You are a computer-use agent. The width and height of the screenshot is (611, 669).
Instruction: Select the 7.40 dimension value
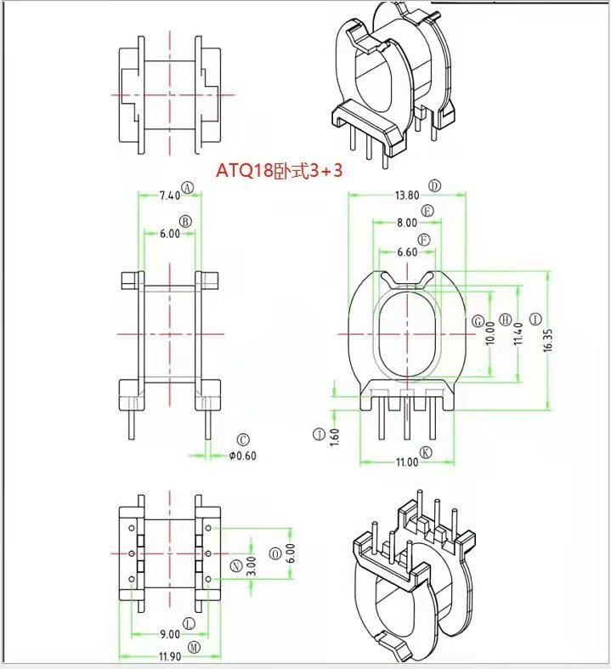point(170,196)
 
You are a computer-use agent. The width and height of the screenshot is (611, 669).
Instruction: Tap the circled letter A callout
point(189,188)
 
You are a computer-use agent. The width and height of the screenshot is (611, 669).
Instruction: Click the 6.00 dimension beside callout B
point(169,234)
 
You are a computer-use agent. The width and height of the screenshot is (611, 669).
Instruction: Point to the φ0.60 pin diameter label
point(243,456)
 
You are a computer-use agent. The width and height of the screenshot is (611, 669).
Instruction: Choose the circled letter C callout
point(243,440)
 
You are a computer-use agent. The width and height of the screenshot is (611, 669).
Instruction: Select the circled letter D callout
point(435,185)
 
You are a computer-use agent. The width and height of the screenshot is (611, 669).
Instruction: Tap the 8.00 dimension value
point(407,223)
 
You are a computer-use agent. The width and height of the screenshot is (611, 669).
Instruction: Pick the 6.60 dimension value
point(407,252)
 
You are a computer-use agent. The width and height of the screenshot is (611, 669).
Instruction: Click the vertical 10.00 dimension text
point(489,336)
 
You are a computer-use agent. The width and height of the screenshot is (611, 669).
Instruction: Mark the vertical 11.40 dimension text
point(518,336)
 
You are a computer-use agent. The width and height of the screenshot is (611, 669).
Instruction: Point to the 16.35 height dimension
point(548,339)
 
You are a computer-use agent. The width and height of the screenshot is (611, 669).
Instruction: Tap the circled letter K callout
point(426,452)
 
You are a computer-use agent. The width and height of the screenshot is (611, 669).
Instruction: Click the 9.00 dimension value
point(169,633)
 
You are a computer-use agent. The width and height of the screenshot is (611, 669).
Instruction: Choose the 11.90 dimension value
point(169,656)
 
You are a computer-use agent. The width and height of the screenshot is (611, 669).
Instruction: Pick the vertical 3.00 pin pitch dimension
point(251,565)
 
